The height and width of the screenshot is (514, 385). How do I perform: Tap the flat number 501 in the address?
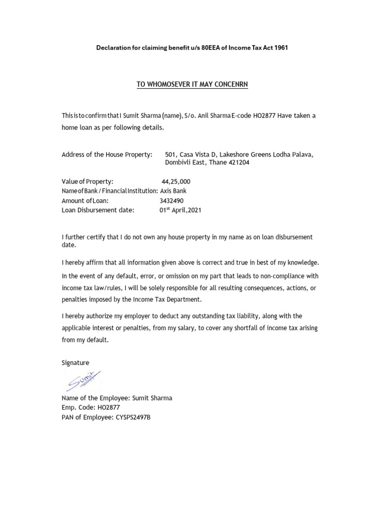[x=170, y=155]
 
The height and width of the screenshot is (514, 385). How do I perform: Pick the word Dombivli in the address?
[x=177, y=163]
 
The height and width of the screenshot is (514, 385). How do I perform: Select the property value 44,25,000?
[x=176, y=181]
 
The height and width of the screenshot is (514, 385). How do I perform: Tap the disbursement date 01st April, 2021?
[x=180, y=210]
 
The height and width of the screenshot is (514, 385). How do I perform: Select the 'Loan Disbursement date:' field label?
[x=98, y=210]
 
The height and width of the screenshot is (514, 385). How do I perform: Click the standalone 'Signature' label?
[x=75, y=362]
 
